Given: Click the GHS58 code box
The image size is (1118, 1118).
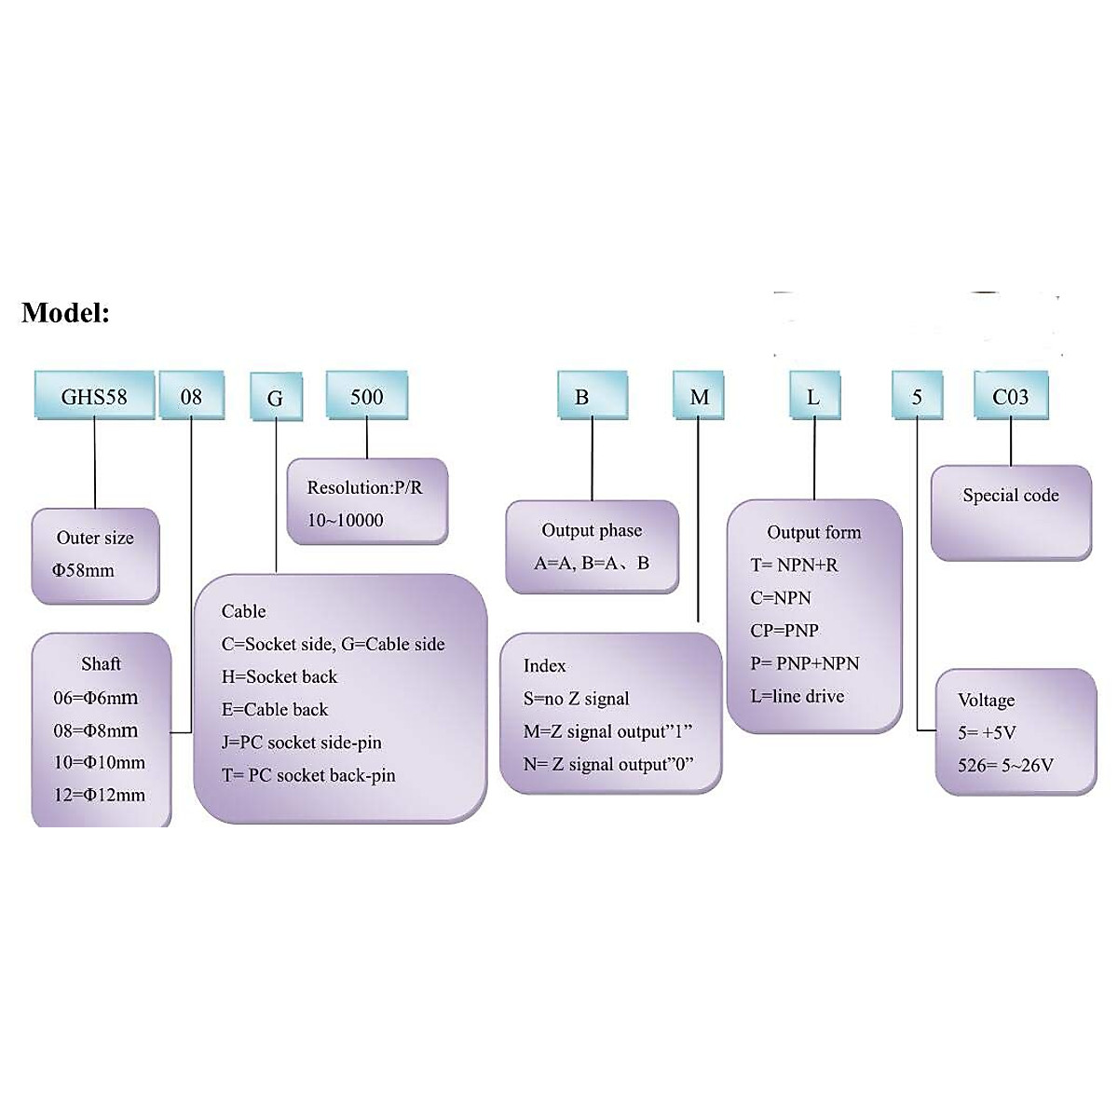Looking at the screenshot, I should point(94,396).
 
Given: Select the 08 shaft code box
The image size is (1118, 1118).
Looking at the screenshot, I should point(191,396).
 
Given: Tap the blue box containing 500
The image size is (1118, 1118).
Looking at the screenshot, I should point(366,396).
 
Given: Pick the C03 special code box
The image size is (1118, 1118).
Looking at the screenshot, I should point(1011,396).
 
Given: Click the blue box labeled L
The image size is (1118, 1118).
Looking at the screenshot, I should point(813,396).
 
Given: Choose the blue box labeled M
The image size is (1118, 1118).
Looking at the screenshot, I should point(699,396).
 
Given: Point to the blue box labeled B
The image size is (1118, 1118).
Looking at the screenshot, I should point(581,396).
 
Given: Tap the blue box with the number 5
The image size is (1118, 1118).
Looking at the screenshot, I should point(917,396).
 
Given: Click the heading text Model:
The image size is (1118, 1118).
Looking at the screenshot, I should point(65,312).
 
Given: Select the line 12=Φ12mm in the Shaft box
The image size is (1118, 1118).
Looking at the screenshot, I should point(100,795).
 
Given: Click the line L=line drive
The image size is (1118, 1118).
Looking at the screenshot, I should point(798,696).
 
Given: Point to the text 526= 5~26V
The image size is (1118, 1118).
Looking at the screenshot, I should point(1005,765).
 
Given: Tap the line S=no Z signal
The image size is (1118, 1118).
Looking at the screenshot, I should point(577,699).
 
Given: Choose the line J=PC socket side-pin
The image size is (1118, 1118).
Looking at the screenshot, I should point(302,743).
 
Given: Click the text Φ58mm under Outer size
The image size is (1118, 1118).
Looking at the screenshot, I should point(84,570).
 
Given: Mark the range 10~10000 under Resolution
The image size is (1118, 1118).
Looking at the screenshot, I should point(346,520).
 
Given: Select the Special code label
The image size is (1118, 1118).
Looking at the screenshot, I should point(1011,496).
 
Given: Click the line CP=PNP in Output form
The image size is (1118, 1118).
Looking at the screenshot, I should point(784,631).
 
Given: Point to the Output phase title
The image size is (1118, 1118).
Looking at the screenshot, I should point(592,530).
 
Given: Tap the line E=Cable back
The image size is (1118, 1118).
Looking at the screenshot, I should point(275,709).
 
